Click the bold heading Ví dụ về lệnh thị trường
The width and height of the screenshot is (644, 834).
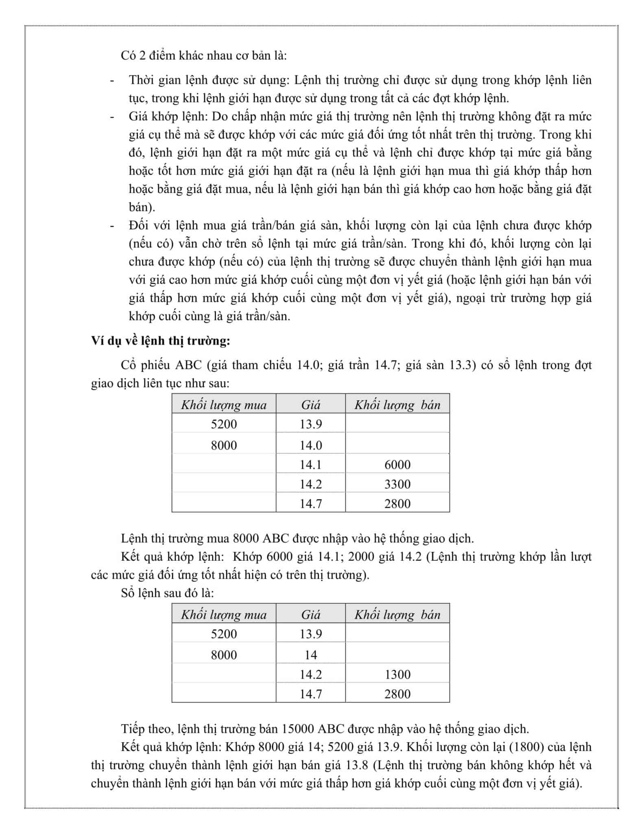(x=161, y=340)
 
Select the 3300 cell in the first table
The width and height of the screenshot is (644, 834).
(x=397, y=484)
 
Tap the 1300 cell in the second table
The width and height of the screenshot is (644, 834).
(x=397, y=674)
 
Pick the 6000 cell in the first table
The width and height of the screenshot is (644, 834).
(x=397, y=465)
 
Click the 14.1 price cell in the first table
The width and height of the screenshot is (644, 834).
(x=310, y=465)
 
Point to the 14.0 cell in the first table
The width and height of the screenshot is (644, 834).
(x=310, y=445)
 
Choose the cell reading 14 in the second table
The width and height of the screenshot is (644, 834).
(x=310, y=655)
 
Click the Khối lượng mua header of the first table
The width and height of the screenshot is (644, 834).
(x=224, y=405)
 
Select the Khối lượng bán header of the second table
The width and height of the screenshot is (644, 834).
(x=397, y=615)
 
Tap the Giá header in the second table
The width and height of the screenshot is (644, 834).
(x=310, y=615)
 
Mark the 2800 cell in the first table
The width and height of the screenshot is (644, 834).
(x=397, y=504)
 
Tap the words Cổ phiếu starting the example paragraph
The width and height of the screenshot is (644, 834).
(x=145, y=365)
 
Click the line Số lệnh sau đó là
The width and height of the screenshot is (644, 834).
(x=167, y=593)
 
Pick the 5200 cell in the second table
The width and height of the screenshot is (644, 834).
(x=224, y=634)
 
